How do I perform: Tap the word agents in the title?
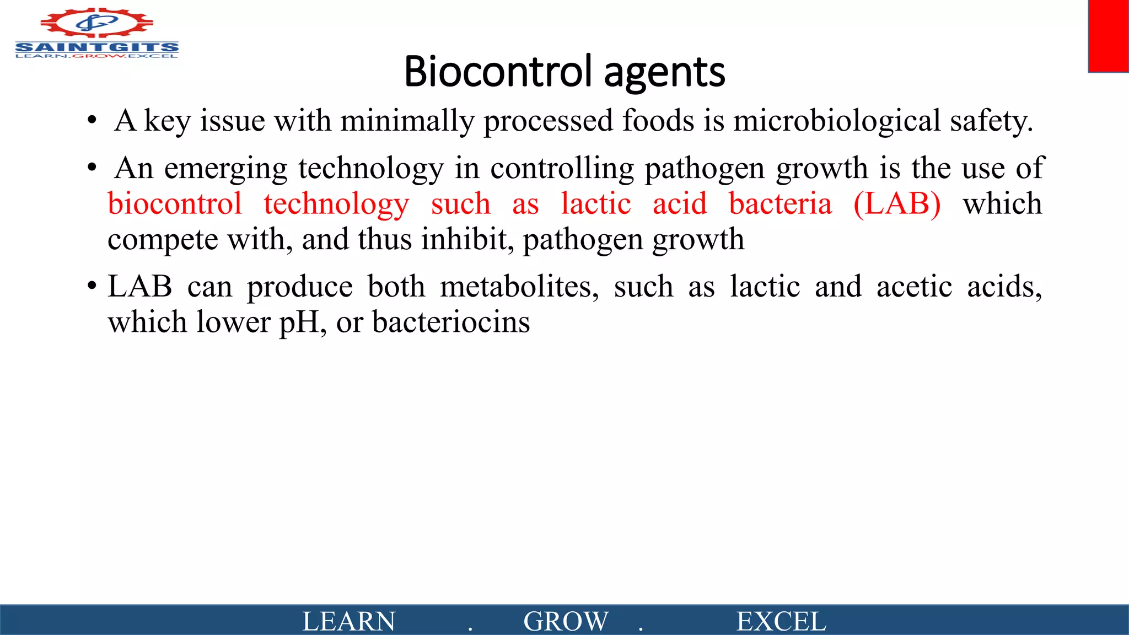pos(664,73)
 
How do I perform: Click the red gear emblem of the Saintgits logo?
pos(96,23)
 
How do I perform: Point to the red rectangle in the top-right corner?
pos(1108,36)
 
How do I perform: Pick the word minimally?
pos(407,121)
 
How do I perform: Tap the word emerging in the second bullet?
pos(225,168)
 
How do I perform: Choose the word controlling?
pos(562,168)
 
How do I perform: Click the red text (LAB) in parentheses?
pos(897,204)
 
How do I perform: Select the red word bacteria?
pos(780,204)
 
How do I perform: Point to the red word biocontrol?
pos(175,204)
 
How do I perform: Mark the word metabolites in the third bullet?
pos(519,287)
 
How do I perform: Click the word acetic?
pos(914,287)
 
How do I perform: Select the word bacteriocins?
pos(451,322)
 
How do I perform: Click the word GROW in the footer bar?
pos(566,621)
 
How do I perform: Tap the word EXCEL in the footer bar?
pos(781,621)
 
